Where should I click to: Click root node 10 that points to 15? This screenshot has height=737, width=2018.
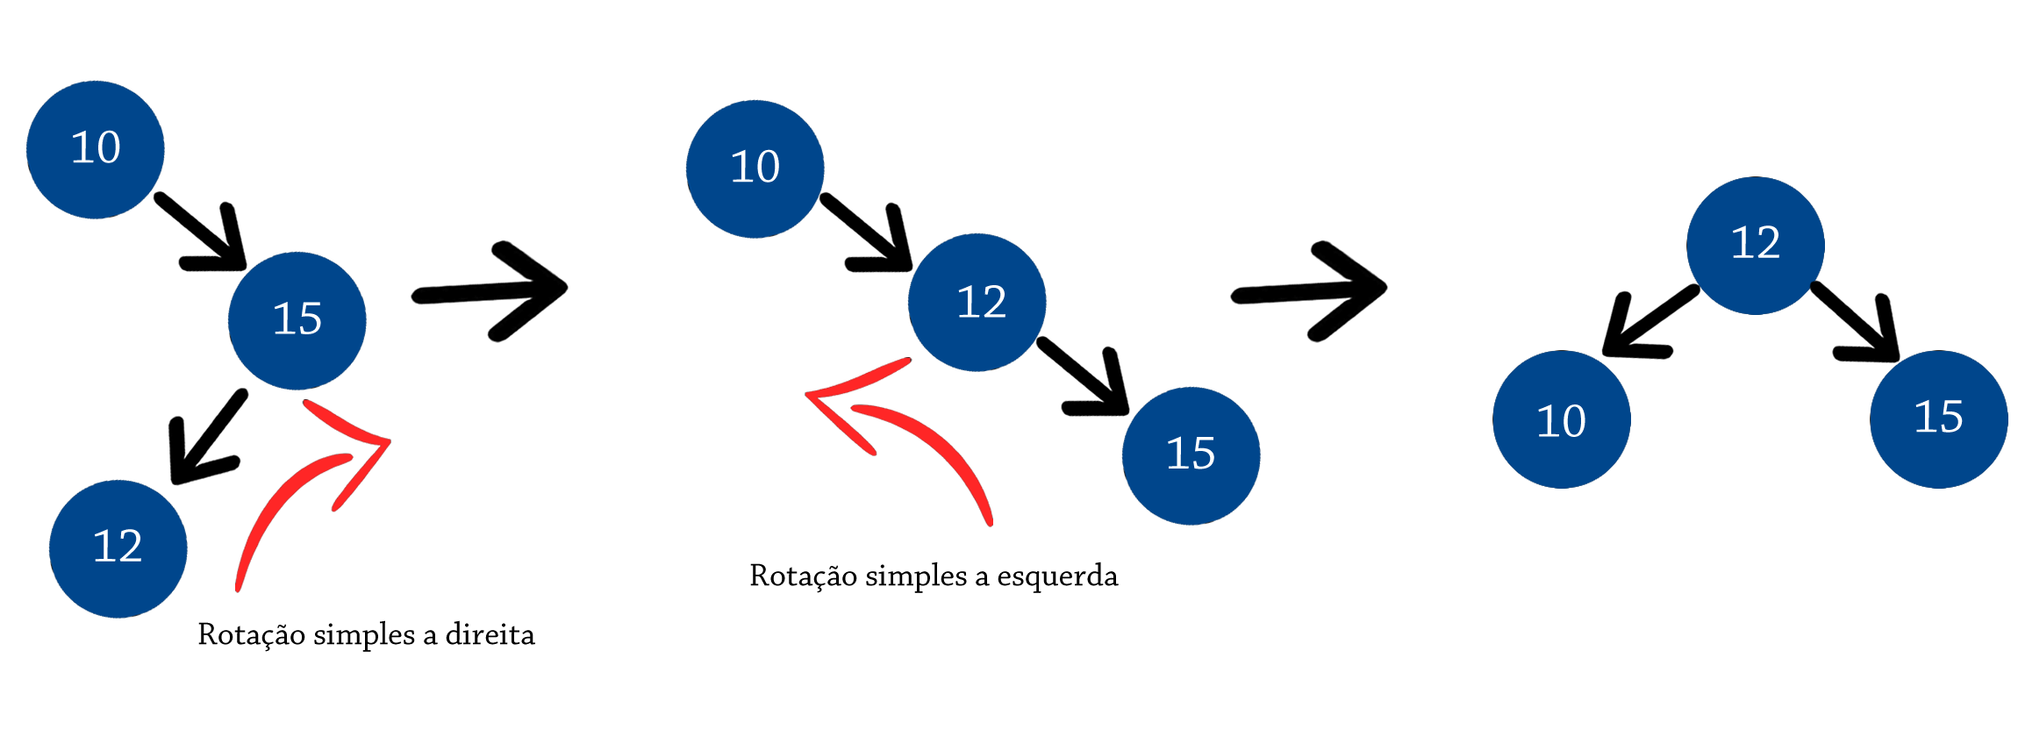(x=96, y=149)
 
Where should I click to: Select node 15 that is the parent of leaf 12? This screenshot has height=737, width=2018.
(x=297, y=320)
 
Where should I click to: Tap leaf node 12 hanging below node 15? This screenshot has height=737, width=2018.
(x=118, y=547)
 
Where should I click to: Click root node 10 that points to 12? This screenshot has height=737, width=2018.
(x=755, y=168)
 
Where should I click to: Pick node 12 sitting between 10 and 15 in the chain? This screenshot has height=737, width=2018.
(x=977, y=303)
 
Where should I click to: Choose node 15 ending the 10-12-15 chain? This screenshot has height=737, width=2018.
(x=1191, y=455)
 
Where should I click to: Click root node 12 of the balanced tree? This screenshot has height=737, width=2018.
(x=1755, y=245)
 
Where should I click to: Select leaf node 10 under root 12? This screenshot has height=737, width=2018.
(x=1561, y=419)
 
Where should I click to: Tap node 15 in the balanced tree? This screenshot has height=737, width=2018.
(x=1938, y=419)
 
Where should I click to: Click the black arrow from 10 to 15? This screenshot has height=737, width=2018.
(x=206, y=233)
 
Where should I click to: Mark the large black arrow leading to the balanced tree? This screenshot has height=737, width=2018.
(x=1312, y=290)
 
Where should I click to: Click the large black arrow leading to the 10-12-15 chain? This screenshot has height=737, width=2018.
(x=491, y=290)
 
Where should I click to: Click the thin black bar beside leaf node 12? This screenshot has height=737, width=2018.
(x=365, y=635)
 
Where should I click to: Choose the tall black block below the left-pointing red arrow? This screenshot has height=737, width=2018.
(x=934, y=597)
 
